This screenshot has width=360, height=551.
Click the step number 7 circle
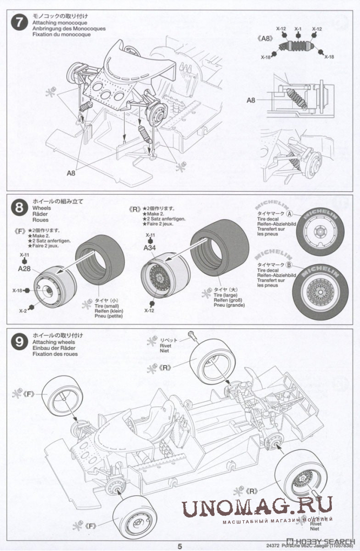20,24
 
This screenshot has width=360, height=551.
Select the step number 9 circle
20,341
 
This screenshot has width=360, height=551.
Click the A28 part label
24,268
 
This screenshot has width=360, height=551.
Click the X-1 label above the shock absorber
298,29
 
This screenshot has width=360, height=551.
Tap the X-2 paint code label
23,311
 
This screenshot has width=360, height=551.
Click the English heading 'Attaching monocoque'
56,23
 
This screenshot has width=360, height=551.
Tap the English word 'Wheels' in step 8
42,207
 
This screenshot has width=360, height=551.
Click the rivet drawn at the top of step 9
192,335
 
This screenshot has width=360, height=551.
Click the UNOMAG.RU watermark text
256,507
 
